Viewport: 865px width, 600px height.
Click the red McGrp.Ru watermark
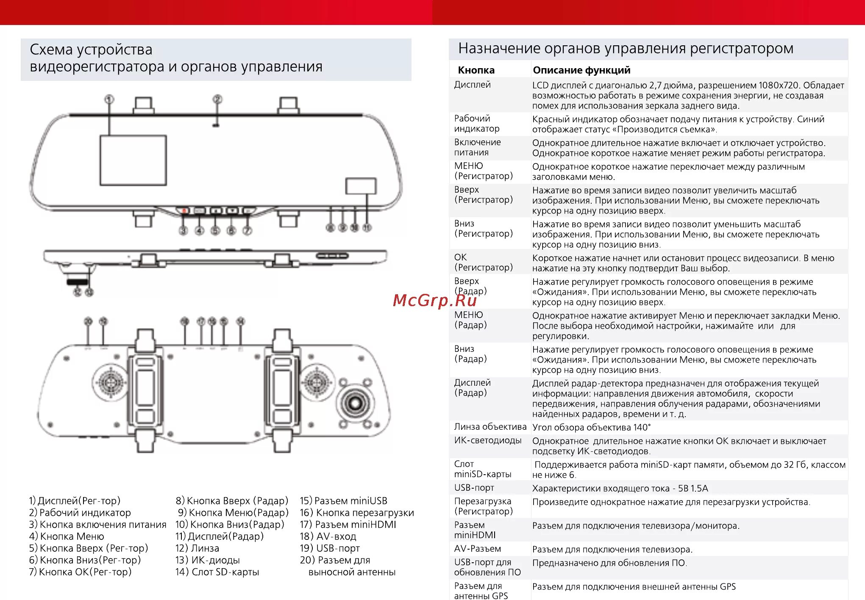(434, 300)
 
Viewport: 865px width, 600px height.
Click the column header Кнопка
(476, 70)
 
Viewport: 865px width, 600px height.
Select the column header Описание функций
(581, 70)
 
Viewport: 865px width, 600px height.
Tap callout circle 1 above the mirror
(109, 99)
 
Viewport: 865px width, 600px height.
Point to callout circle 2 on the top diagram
(217, 99)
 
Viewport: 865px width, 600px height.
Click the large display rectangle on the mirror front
(133, 160)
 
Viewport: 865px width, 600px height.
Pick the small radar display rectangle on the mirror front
(361, 186)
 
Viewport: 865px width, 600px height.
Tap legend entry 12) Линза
(197, 548)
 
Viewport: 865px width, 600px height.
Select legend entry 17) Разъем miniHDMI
(348, 525)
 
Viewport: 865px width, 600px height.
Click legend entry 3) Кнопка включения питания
(97, 525)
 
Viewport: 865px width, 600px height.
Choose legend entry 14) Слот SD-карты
(217, 572)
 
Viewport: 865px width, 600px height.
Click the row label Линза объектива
(490, 427)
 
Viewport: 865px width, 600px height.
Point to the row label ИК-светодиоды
(487, 440)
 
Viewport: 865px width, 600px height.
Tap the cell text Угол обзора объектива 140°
(591, 427)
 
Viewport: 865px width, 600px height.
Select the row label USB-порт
(474, 488)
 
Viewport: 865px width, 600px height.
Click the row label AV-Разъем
(477, 549)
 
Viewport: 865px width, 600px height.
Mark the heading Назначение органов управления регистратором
(626, 49)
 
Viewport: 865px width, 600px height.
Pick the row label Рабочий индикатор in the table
(476, 124)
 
